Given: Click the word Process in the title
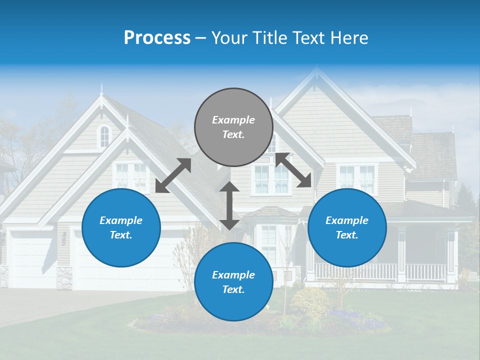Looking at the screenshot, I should (x=157, y=38).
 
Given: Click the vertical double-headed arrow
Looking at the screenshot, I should (x=229, y=205).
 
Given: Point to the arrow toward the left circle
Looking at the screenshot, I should (x=173, y=175).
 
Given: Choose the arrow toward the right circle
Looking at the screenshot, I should (x=293, y=170).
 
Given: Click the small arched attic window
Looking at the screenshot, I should (x=104, y=136).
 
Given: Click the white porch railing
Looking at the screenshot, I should (x=380, y=272).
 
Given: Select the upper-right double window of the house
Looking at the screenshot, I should (x=357, y=179).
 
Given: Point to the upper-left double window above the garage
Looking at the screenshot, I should (x=131, y=176).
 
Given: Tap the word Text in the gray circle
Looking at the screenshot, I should (x=233, y=134).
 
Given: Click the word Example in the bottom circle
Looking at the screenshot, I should (x=233, y=275).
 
